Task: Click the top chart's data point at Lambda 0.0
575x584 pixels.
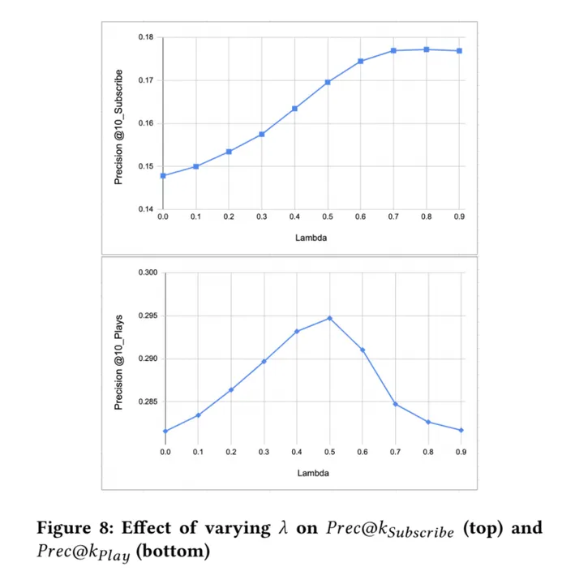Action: [163, 175]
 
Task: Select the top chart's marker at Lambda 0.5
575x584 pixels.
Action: [328, 82]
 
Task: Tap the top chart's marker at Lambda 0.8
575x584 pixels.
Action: [427, 49]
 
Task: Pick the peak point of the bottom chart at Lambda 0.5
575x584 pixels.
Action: [329, 318]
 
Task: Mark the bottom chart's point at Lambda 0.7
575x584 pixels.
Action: [395, 404]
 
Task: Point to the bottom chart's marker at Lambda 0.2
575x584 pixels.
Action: [230, 390]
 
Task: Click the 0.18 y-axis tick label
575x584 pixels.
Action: [145, 38]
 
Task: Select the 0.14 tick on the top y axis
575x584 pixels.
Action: [145, 209]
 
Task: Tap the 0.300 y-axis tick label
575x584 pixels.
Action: [147, 273]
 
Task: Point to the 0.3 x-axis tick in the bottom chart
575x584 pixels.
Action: [264, 451]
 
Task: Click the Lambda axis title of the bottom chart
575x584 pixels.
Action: [312, 472]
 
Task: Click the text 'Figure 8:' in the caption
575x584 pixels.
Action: [71, 529]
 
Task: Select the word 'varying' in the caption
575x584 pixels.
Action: [236, 529]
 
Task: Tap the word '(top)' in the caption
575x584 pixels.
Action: [483, 529]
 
